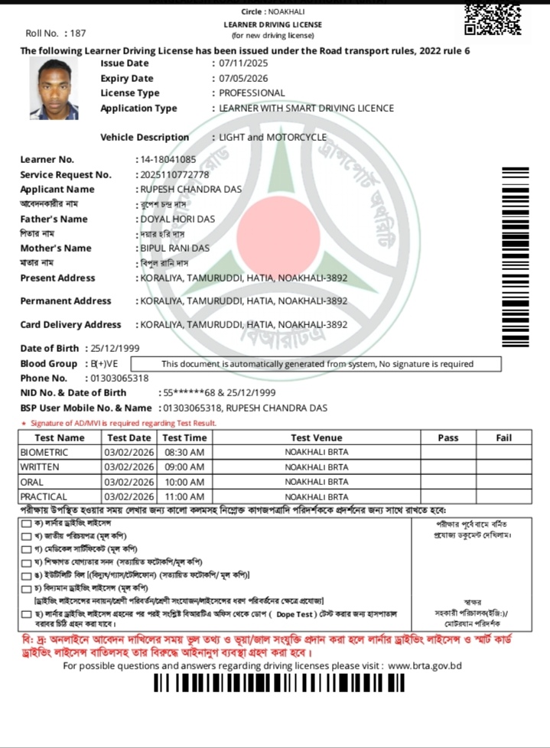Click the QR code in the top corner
pyautogui.click(x=493, y=18)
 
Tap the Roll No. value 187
pyautogui.click(x=76, y=34)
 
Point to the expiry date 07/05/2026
pyautogui.click(x=243, y=79)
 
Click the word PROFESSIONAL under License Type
pyautogui.click(x=252, y=93)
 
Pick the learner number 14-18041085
pyautogui.click(x=167, y=160)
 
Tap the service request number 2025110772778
pyautogui.click(x=173, y=175)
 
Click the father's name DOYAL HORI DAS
pyautogui.click(x=177, y=220)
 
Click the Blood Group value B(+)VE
pyautogui.click(x=104, y=364)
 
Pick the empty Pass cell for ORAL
pyautogui.click(x=447, y=483)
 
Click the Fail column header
pyautogui.click(x=503, y=438)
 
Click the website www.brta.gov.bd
pyautogui.click(x=425, y=665)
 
